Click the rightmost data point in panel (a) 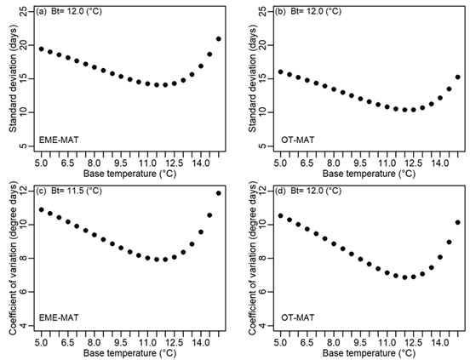[x=219, y=39]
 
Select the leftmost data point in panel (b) [x=279, y=71]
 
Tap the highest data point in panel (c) [x=219, y=193]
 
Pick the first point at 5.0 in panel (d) [x=279, y=215]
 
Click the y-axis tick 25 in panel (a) [x=27, y=12]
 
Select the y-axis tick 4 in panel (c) [x=27, y=326]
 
